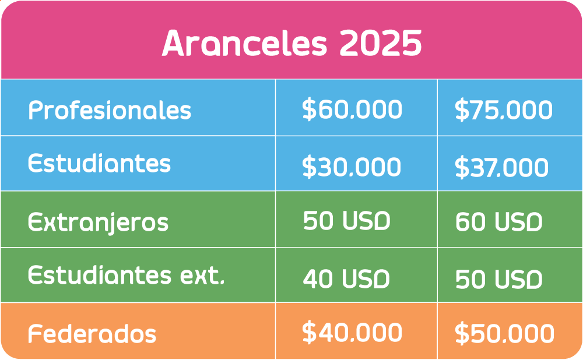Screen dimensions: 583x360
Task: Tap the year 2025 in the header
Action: (x=381, y=43)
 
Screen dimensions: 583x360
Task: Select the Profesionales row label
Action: (x=110, y=110)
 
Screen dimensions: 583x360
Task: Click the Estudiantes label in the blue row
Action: (x=99, y=163)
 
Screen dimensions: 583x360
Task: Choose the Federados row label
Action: (x=92, y=333)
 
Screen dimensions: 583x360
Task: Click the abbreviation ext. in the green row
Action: (x=203, y=276)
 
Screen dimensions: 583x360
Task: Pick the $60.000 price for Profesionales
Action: (x=352, y=110)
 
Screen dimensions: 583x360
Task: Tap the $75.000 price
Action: (x=504, y=110)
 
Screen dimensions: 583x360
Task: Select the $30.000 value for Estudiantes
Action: (x=352, y=167)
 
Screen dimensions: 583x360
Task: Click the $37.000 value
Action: (x=501, y=167)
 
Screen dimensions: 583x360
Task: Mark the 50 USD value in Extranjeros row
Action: (x=346, y=220)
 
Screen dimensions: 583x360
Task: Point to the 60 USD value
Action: (x=499, y=222)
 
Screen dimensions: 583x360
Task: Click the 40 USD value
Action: (x=346, y=279)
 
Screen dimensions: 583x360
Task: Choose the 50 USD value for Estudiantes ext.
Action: (x=499, y=280)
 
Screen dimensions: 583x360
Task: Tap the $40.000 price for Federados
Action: (x=352, y=332)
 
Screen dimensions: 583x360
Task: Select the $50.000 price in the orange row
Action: (x=504, y=333)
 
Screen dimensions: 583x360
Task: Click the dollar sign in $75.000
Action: (x=462, y=110)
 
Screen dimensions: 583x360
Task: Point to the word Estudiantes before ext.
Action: (x=100, y=276)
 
